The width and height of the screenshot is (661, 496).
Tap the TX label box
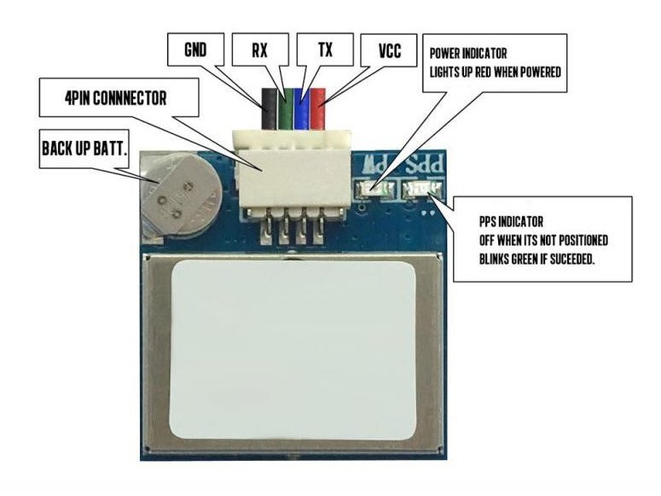point(325,50)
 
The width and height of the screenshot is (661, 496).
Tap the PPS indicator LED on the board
point(421,188)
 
